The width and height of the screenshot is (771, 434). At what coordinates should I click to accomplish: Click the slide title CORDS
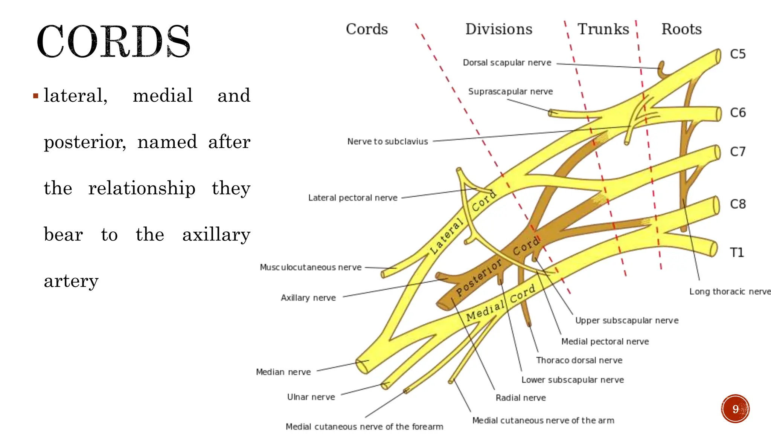click(x=113, y=41)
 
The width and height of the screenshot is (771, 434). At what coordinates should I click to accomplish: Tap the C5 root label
click(x=737, y=54)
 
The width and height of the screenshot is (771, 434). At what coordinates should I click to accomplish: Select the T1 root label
click(x=737, y=252)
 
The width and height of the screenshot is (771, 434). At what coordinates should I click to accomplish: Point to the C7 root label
click(x=737, y=152)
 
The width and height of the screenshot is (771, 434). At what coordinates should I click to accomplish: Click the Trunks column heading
click(x=603, y=29)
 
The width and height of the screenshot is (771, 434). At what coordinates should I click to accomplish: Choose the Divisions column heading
click(x=499, y=29)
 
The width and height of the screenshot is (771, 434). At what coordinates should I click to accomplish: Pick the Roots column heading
click(x=681, y=29)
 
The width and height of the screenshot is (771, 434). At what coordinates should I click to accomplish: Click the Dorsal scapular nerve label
click(x=507, y=63)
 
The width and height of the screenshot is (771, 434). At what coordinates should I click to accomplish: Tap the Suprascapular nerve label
click(x=510, y=92)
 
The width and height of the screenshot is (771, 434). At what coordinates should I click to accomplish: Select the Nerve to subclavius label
click(x=387, y=142)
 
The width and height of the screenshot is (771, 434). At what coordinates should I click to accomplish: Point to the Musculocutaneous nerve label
click(x=311, y=267)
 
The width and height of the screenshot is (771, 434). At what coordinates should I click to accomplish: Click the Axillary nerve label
click(x=308, y=298)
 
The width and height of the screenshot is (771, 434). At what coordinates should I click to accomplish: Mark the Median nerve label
click(x=283, y=372)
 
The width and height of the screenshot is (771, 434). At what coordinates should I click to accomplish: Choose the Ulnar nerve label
click(x=311, y=397)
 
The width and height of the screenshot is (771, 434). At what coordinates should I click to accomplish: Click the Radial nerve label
click(x=521, y=398)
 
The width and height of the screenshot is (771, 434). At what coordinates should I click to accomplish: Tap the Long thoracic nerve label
click(x=730, y=292)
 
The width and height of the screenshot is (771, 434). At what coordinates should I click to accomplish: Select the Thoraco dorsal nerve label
click(x=579, y=361)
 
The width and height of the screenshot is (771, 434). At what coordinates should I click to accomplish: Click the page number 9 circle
click(x=735, y=409)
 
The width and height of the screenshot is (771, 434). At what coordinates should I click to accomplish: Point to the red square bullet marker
click(x=36, y=96)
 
